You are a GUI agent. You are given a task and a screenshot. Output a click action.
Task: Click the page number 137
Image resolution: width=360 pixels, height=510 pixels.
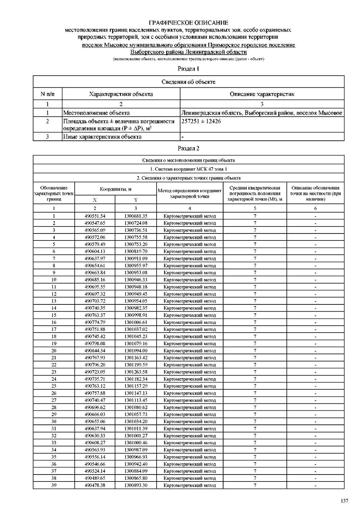click(344, 501)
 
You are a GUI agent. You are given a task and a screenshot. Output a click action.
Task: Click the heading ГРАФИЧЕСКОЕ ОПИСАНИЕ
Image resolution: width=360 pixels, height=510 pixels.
click(188, 23)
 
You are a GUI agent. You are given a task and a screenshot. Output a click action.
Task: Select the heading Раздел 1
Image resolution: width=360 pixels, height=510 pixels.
click(188, 69)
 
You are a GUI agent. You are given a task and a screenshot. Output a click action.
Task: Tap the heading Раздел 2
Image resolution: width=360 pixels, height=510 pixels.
click(188, 148)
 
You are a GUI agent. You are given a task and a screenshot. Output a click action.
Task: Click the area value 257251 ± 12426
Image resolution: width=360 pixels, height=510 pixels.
click(201, 121)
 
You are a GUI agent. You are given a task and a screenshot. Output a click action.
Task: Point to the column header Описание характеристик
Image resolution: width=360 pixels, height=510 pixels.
click(262, 94)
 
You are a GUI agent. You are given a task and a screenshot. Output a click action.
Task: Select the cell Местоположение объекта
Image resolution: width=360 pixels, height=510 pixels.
click(96, 113)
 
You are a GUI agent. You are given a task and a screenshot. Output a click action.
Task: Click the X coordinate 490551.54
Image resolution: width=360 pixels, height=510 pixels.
click(95, 216)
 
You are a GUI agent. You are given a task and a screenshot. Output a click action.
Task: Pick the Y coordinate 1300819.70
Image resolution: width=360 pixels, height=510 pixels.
click(136, 251)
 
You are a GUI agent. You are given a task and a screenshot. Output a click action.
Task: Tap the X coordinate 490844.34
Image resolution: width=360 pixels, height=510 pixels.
click(95, 351)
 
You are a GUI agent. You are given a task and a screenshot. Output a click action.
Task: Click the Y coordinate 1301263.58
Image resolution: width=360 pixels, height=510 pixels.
click(136, 372)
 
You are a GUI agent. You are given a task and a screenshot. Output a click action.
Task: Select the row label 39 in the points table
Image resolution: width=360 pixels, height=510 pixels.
click(54, 485)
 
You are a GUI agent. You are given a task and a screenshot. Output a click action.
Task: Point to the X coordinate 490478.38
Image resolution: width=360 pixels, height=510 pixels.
click(95, 485)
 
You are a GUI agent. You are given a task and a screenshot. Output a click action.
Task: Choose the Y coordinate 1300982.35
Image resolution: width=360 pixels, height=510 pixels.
click(136, 308)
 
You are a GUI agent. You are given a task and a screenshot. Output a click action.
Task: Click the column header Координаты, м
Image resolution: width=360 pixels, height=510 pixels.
click(115, 189)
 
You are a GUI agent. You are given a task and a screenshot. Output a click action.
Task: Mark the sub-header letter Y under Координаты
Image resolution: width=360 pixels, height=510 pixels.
click(136, 200)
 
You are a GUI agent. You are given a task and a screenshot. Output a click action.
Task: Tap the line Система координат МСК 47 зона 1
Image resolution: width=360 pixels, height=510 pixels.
click(188, 169)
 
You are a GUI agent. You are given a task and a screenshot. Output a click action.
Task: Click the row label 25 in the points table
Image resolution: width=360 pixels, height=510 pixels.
click(54, 386)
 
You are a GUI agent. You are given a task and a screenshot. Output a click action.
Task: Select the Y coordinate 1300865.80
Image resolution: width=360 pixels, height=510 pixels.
click(136, 478)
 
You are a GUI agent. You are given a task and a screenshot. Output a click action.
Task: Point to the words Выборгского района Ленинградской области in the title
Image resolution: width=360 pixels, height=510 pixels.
click(188, 52)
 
